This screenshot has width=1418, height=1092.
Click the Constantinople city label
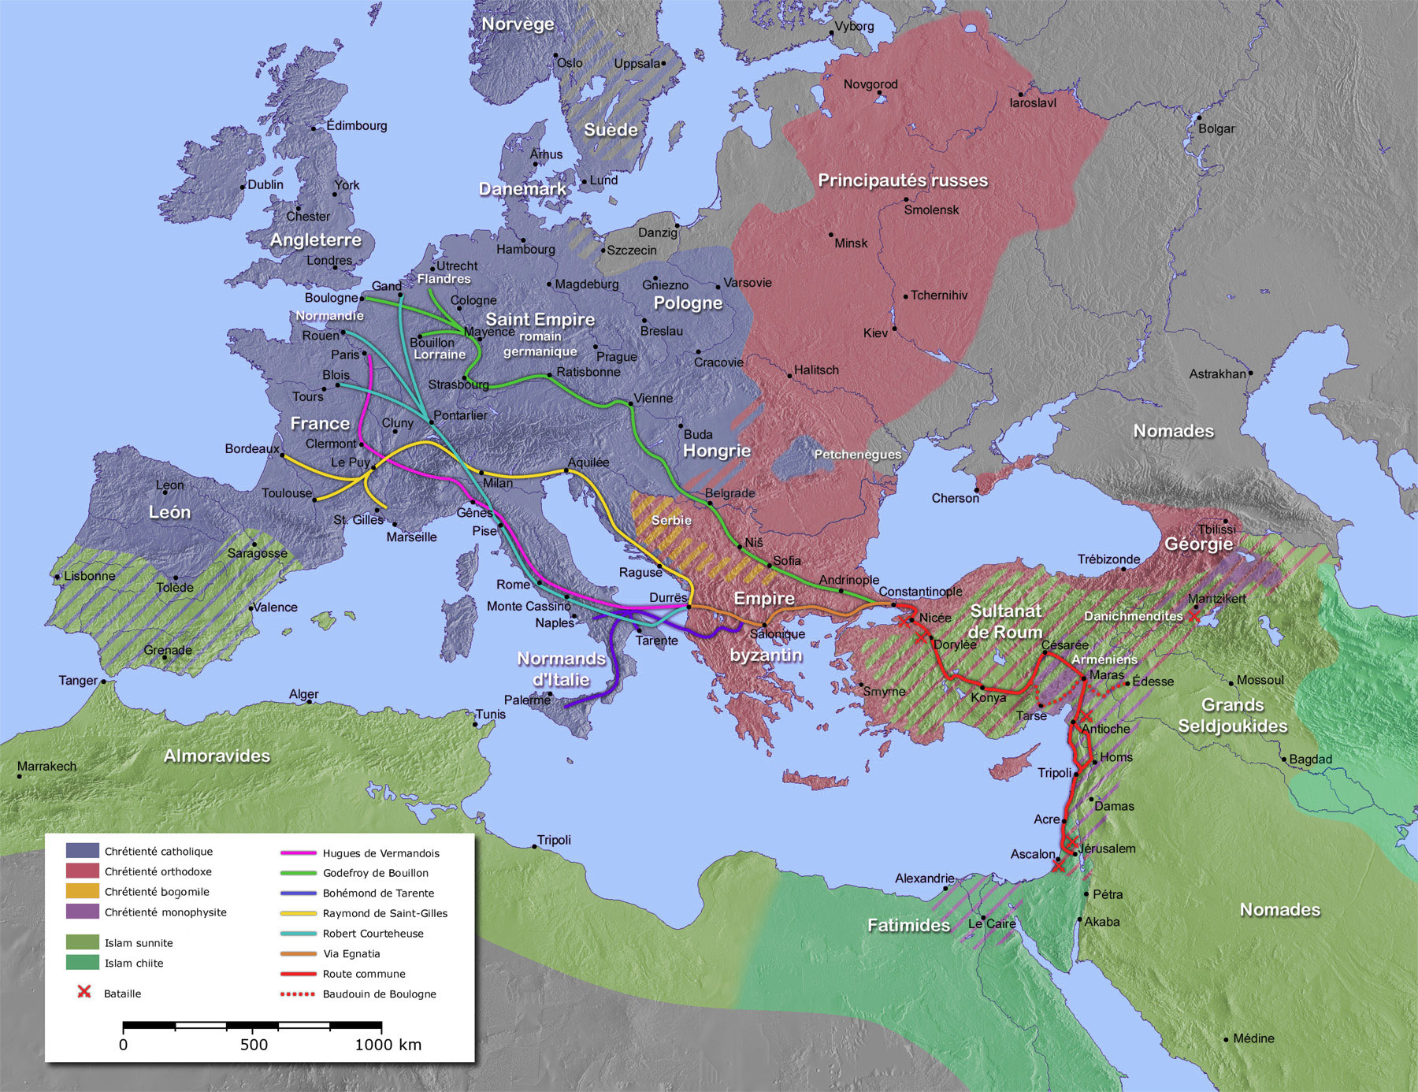920,592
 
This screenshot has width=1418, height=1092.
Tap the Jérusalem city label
1107,849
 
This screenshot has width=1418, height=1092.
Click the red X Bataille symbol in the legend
84,992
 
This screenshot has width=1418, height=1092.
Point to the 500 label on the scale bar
254,1045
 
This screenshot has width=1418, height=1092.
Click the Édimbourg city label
356,125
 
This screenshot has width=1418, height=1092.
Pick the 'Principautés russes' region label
902,180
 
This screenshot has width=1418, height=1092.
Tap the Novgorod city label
870,84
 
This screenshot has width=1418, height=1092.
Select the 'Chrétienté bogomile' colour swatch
82,892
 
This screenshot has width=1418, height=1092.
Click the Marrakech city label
47,766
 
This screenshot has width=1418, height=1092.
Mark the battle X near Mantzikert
1194,616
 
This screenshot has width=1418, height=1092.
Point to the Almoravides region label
217,756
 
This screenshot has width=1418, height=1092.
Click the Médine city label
1253,1038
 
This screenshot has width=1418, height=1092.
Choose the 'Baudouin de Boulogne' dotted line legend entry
378,994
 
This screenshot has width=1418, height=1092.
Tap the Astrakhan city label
1217,373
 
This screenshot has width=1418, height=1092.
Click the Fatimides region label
908,925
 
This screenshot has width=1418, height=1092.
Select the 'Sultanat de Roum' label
1005,622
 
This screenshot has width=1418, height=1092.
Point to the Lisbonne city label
89,576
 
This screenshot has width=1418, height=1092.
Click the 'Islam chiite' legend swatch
82,963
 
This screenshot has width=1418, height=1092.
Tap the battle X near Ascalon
1058,865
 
